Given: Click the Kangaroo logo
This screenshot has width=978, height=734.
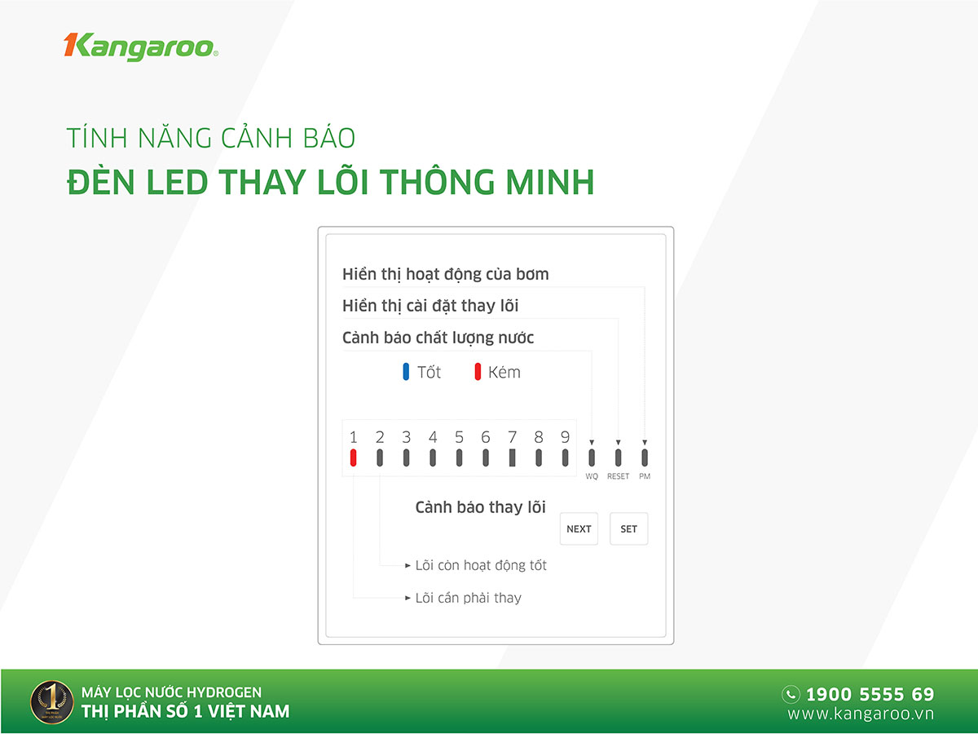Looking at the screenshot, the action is coord(141,46).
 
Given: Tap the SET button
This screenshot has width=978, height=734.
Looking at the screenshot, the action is coord(628,528).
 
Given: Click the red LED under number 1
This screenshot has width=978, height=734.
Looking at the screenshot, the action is coord(354,458).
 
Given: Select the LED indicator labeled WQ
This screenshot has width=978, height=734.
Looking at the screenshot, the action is coord(592,458).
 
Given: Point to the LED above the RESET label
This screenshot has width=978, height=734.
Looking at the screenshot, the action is coord(618,458).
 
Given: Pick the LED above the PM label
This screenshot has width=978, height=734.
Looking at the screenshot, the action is coord(645,458).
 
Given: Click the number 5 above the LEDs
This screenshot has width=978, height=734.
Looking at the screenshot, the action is coord(460,437).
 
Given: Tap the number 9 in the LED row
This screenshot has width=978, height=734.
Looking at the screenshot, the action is coord(565,437).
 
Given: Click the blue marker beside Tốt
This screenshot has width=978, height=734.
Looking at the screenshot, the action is coord(406,372).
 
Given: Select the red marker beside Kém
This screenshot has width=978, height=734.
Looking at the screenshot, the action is coord(478,372).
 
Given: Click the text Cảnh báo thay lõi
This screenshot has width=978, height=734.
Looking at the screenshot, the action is coord(480,507).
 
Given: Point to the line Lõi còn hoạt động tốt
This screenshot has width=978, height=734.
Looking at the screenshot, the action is coord(481,565).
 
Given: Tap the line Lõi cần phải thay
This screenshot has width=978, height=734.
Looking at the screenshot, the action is coord(469,598).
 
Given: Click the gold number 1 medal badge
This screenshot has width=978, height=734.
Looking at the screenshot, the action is coord(52,702).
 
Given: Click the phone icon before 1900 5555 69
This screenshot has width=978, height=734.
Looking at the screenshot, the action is coord(791,694).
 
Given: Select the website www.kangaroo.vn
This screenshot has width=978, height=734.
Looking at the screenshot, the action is coord(861,714).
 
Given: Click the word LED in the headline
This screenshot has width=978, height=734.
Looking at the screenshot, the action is coord(177,182).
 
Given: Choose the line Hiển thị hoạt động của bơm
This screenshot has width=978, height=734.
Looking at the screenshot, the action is coord(446,274).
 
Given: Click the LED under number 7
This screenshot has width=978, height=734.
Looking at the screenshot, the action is coord(513,458).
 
